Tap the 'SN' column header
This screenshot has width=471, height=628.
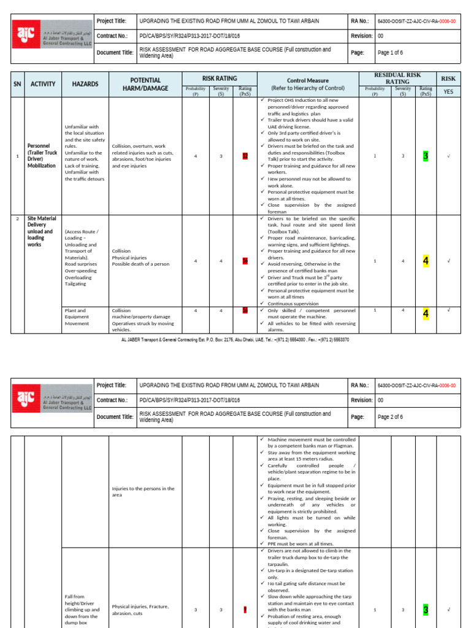17,84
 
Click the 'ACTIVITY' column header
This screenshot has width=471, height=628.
43,84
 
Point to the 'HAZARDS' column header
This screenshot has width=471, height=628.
85,84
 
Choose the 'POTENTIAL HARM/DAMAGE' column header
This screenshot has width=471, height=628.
145,84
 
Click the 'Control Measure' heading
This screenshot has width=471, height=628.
308,80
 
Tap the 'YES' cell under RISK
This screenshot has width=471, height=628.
448,91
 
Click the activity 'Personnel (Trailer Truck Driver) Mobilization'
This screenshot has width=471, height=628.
42,156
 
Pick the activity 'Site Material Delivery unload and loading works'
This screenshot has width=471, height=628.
42,231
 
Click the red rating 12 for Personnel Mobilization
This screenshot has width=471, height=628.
245,156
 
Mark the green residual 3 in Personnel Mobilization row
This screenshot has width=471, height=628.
426,156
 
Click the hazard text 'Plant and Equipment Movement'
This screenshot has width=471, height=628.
78,316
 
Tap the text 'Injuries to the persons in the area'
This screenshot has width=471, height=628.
143,491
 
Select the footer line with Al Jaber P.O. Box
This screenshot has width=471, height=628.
235,339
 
